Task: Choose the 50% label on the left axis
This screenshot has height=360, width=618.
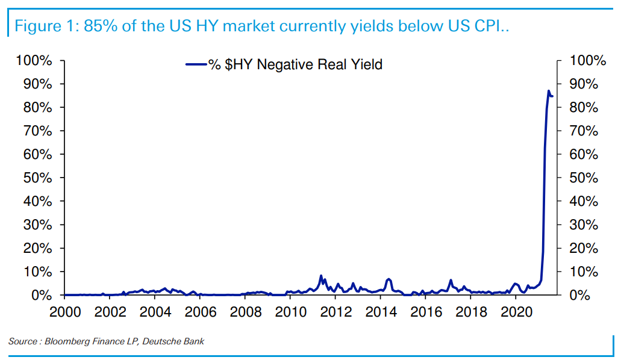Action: tap(37, 178)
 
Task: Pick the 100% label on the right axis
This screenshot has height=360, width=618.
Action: tap(587, 60)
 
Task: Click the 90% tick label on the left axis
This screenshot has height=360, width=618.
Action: tap(37, 84)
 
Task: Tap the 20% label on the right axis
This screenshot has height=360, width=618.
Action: tap(584, 248)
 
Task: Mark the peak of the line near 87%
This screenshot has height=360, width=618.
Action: tap(549, 91)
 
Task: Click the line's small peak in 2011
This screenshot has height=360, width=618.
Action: tap(321, 276)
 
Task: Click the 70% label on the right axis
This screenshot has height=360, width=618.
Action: tap(584, 131)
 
